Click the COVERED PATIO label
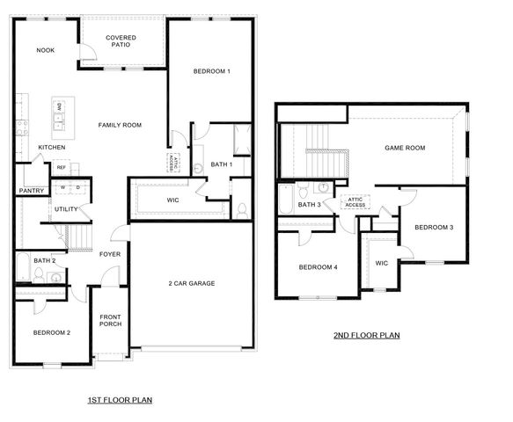[x=120, y=42]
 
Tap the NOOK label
[x=46, y=50]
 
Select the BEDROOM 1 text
[x=211, y=71]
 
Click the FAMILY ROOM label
[x=120, y=125]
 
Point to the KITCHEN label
[x=51, y=147]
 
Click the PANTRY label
[x=32, y=190]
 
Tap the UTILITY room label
[x=66, y=209]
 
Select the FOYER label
[x=109, y=254]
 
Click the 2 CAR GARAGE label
[x=192, y=283]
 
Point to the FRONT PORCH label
[x=110, y=321]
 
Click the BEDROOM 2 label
[x=51, y=332]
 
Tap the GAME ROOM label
[x=405, y=148]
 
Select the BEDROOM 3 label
[x=434, y=228]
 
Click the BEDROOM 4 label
[x=318, y=267]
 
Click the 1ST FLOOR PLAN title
[x=120, y=400]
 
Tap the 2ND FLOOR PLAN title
[x=367, y=335]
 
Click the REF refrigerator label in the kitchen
[x=62, y=167]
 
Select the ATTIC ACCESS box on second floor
[x=356, y=201]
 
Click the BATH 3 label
[x=309, y=205]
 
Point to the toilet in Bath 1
[x=241, y=209]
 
